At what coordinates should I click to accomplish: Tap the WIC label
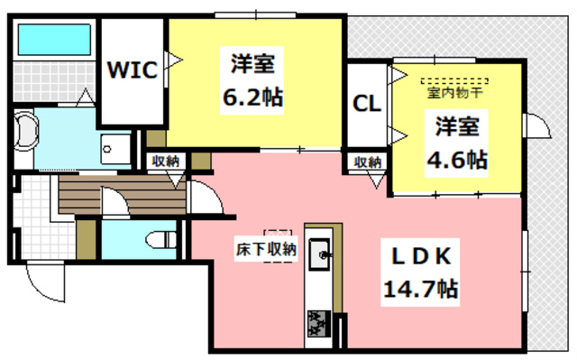(x=133, y=69)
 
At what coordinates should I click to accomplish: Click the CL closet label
(x=366, y=102)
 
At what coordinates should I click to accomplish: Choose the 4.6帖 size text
(x=457, y=160)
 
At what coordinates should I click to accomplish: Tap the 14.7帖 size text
(x=419, y=290)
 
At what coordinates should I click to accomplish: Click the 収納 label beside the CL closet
(x=367, y=162)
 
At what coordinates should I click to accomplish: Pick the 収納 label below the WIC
(x=165, y=162)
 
